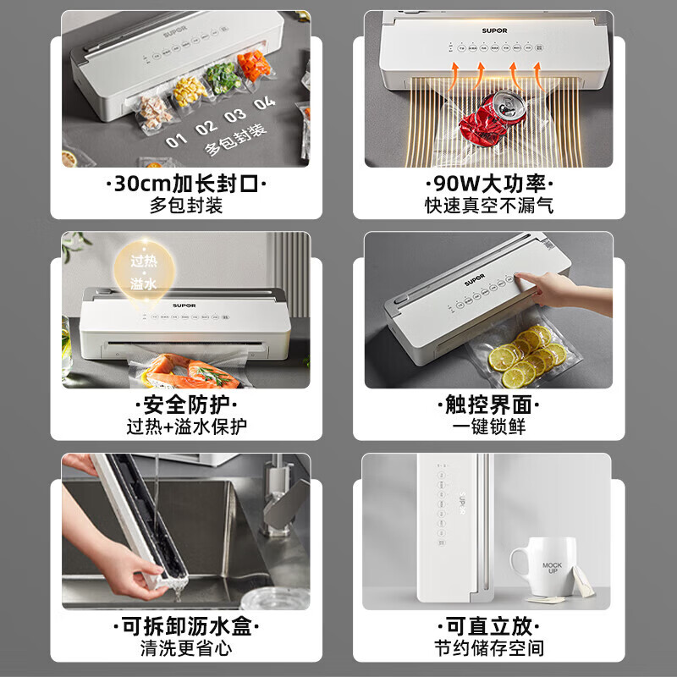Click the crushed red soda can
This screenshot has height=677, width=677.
pos(489,116)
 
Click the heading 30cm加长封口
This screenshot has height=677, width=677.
pos(186,183)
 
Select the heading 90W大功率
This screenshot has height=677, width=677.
pos(488,183)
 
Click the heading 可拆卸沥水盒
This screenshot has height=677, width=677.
pos(186,627)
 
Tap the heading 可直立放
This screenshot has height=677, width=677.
pos(488,627)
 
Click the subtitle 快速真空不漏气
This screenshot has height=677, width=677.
pos(488,206)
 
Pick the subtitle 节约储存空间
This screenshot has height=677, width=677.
pos(488,649)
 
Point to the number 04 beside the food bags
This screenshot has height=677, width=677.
pos(264,104)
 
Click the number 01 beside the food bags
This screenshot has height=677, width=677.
pos(176,140)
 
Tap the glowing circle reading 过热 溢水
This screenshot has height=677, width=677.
pos(144,271)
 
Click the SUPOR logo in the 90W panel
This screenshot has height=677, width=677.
pos(494,30)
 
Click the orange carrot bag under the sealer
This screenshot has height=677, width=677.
pos(254,65)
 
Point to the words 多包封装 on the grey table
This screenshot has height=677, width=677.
pos(235,140)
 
